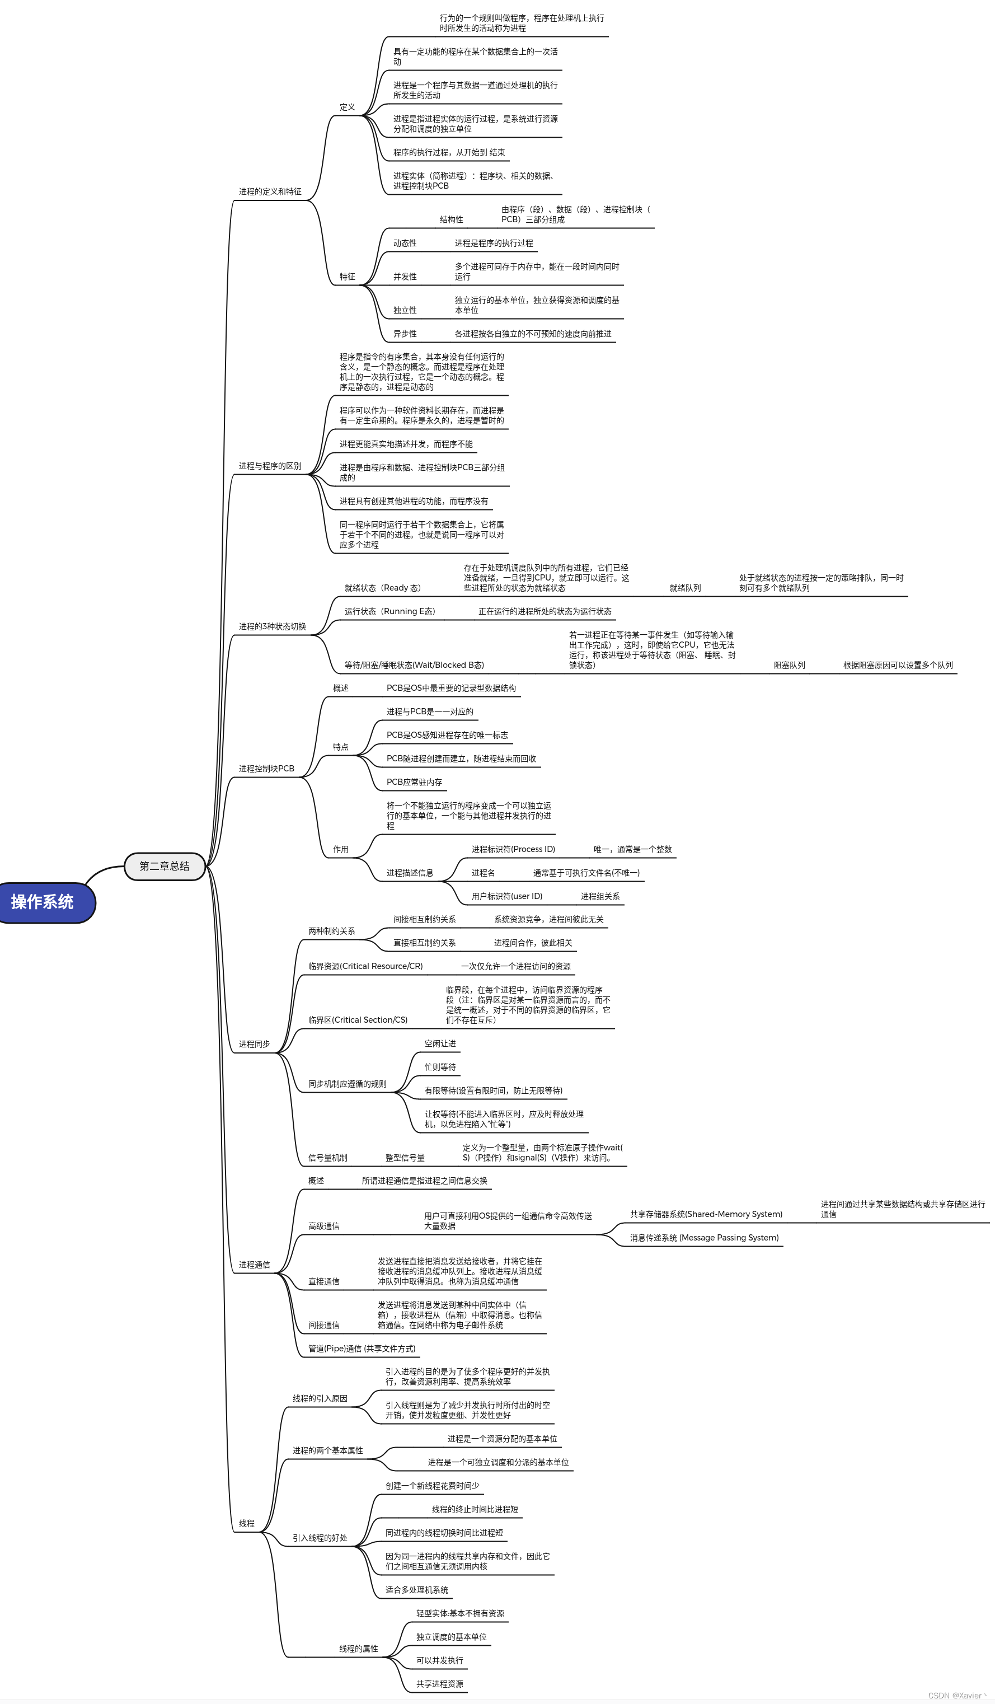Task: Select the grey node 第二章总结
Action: point(165,866)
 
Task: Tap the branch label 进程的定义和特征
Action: point(270,192)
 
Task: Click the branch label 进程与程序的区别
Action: point(270,466)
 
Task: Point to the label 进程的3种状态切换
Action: point(273,627)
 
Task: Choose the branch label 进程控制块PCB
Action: point(266,769)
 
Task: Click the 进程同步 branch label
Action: point(254,1045)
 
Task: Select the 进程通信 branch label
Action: point(254,1265)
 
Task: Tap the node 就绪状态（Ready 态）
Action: point(383,588)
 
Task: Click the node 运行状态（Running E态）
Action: point(390,612)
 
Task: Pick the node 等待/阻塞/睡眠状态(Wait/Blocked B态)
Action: point(414,666)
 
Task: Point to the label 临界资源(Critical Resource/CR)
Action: point(365,967)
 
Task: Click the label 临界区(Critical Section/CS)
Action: point(358,1020)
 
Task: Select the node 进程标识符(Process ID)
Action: point(513,850)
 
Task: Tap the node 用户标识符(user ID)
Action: point(507,897)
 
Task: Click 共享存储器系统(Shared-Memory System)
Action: point(706,1214)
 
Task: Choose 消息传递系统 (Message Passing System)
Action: point(705,1238)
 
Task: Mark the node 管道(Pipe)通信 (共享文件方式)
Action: point(362,1349)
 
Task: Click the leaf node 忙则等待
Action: point(440,1068)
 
